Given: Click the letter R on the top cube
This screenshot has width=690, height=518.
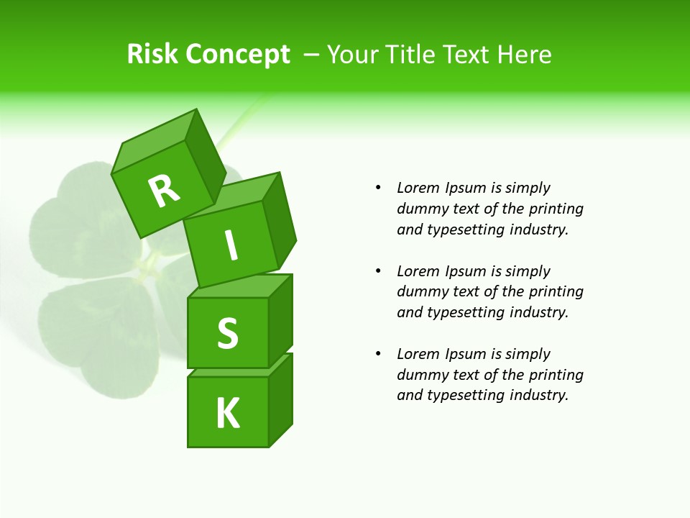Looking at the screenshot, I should pyautogui.click(x=164, y=190).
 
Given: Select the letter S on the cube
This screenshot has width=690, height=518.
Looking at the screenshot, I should pyautogui.click(x=228, y=333).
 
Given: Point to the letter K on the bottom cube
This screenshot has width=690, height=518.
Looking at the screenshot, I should pyautogui.click(x=228, y=414).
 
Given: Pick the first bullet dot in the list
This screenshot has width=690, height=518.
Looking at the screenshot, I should pyautogui.click(x=378, y=188).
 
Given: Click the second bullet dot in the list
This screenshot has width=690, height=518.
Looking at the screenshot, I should pyautogui.click(x=378, y=271).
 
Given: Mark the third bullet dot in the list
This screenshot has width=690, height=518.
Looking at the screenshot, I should pyautogui.click(x=378, y=354).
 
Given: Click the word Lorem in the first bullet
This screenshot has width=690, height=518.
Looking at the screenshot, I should pyautogui.click(x=418, y=188).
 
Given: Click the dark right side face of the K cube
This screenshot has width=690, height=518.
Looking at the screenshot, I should pyautogui.click(x=280, y=401).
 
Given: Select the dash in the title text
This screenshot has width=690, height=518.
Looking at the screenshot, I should pyautogui.click(x=312, y=55).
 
